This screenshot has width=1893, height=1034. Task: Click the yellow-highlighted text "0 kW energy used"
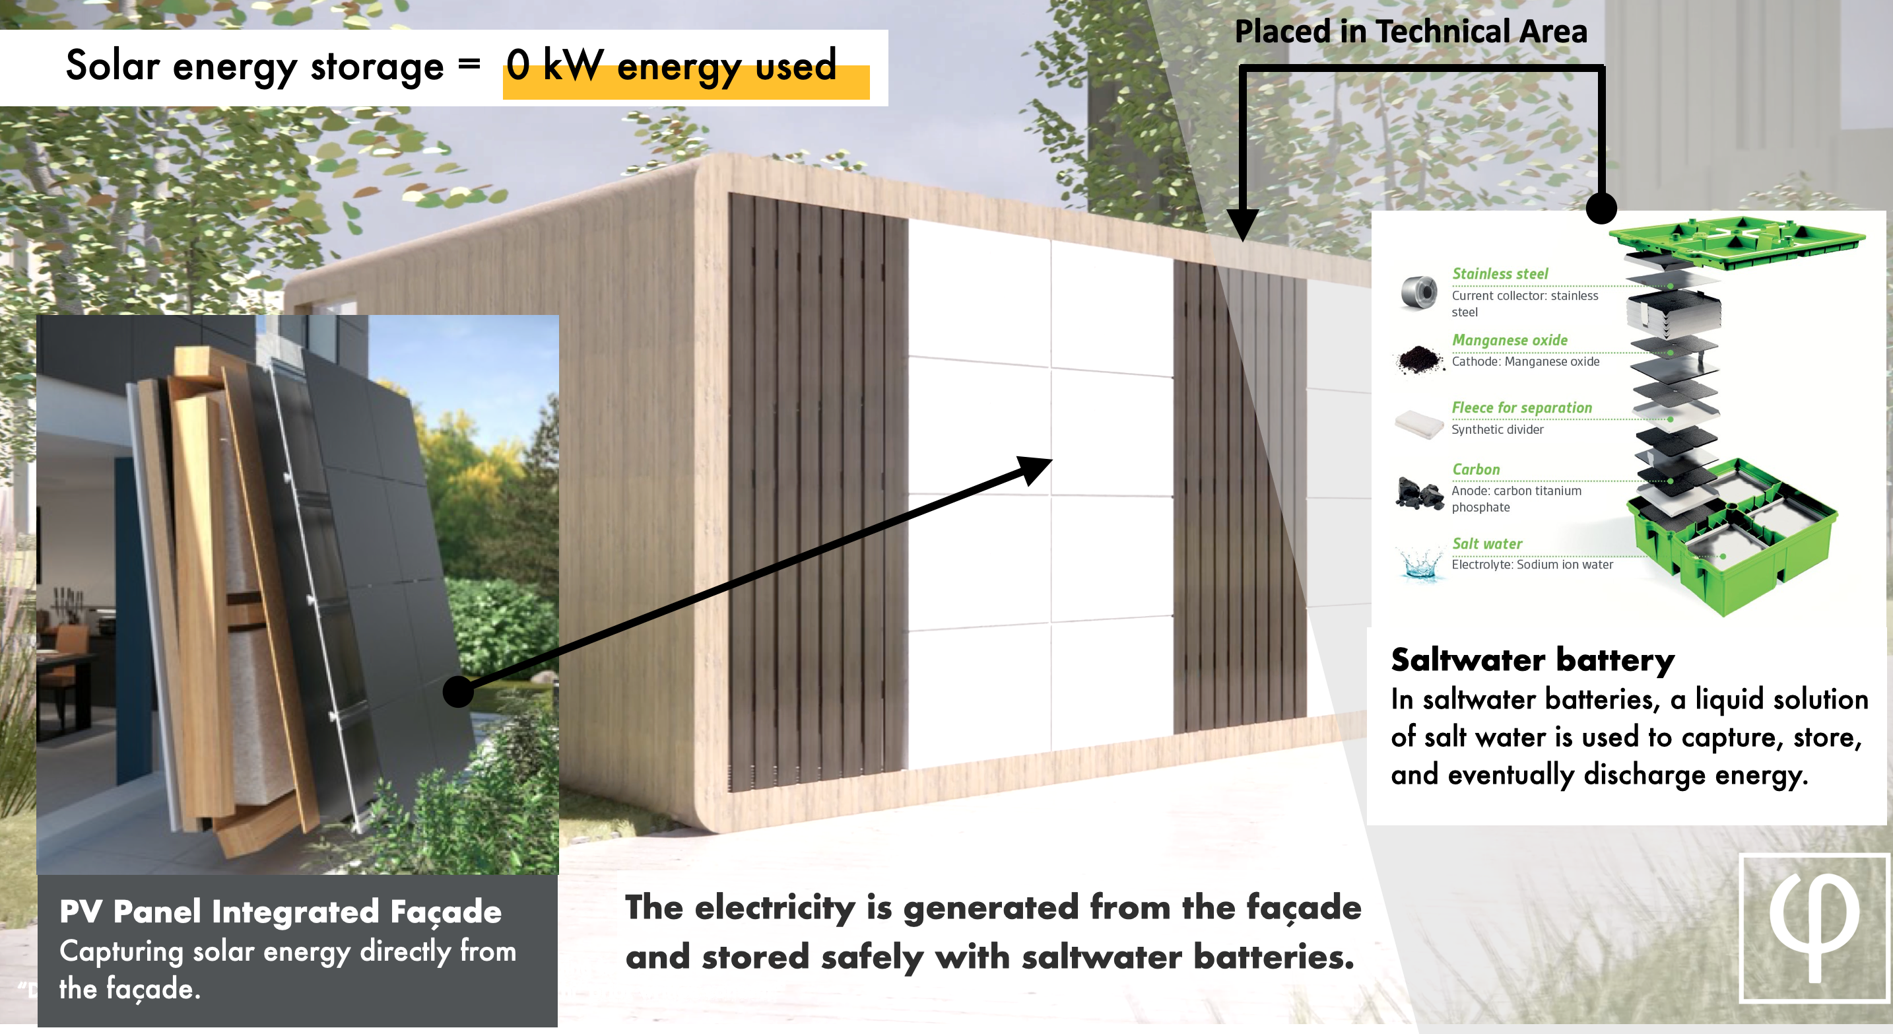[671, 65]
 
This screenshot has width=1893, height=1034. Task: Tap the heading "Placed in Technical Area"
[1411, 32]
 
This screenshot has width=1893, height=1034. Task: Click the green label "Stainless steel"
[1500, 273]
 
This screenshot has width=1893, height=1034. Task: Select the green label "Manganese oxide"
[1510, 340]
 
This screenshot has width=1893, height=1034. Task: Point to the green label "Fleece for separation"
[1521, 407]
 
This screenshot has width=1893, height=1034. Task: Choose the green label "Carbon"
[1476, 469]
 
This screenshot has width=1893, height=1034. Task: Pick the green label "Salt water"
[1486, 544]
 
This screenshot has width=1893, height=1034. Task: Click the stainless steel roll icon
[1419, 293]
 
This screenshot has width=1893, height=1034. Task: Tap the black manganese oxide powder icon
[1419, 359]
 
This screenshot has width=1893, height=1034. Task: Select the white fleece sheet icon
[1419, 425]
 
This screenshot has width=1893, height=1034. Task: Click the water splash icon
[1420, 565]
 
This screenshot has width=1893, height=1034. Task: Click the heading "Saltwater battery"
[1532, 660]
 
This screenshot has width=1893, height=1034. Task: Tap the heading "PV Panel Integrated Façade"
[281, 912]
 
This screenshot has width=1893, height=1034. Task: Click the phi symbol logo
[1814, 929]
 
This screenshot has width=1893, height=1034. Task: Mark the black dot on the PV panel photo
[459, 691]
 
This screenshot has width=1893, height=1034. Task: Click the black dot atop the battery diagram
[1601, 208]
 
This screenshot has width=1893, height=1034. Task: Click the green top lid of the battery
[1737, 242]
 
